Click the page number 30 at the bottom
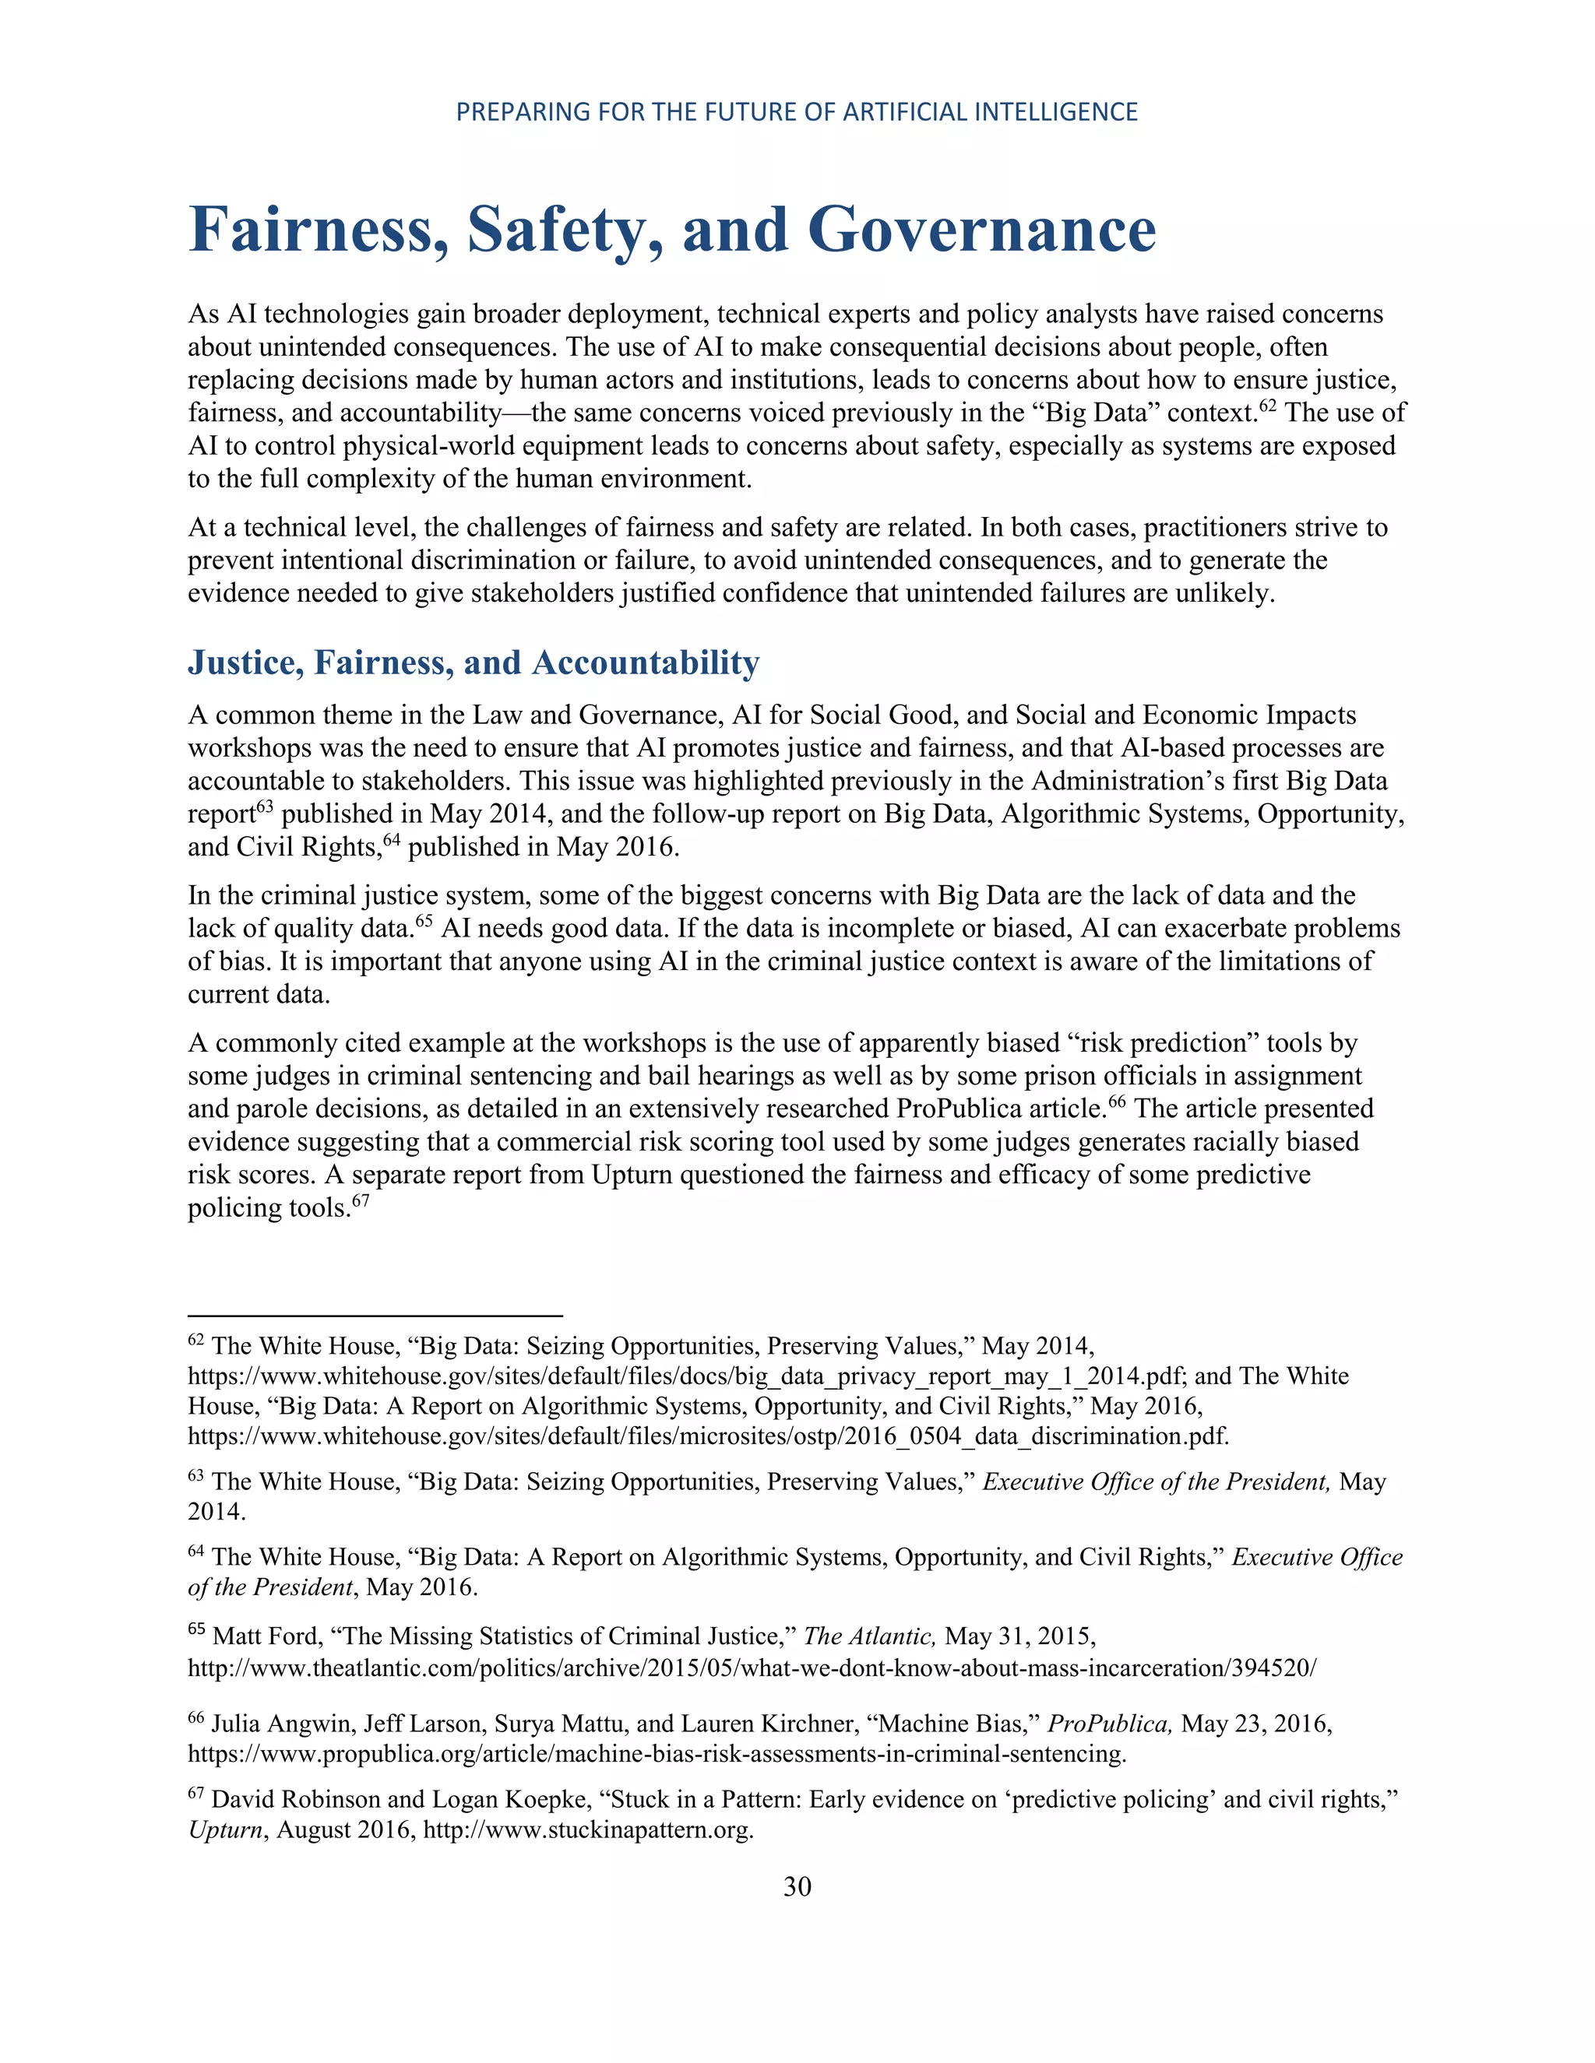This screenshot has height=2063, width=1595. pyautogui.click(x=797, y=1886)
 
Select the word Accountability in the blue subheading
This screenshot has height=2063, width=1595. pyautogui.click(x=646, y=662)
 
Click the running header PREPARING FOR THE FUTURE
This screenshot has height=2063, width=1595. pyautogui.click(x=797, y=112)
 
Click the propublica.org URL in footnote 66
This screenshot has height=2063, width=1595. pyautogui.click(x=656, y=1754)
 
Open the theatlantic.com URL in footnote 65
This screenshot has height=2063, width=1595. pyautogui.click(x=752, y=1668)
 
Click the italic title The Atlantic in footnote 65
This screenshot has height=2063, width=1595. pyautogui.click(x=869, y=1637)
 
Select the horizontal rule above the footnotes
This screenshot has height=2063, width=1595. pyautogui.click(x=375, y=1315)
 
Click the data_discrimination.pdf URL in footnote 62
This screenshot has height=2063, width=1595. pyautogui.click(x=708, y=1437)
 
